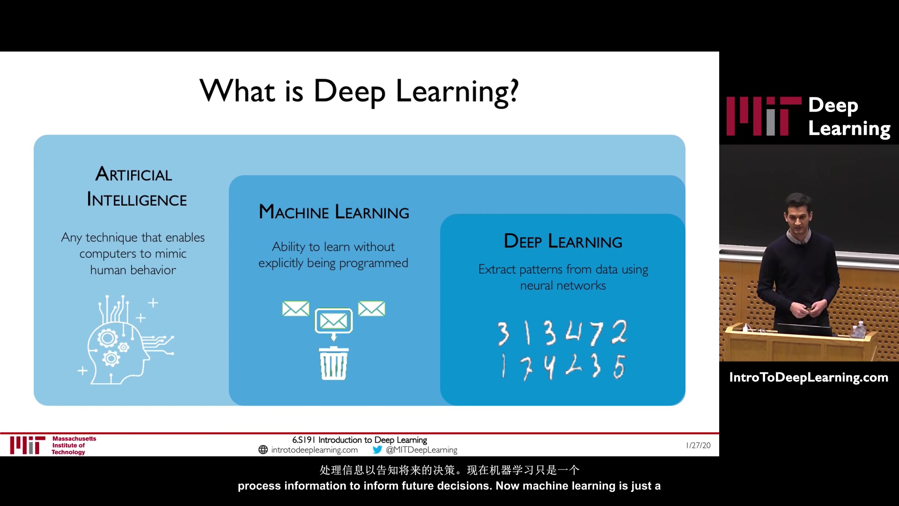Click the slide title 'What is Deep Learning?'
tap(359, 91)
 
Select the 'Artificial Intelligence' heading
tap(136, 187)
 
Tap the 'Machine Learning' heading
tap(334, 212)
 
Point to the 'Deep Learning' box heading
tap(563, 241)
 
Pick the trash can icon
tap(333, 363)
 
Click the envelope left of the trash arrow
tap(295, 309)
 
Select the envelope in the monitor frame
tap(333, 321)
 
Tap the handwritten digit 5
tap(619, 366)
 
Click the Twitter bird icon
tap(377, 450)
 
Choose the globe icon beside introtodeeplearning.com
tap(263, 450)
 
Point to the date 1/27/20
tap(698, 446)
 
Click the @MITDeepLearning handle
tap(421, 450)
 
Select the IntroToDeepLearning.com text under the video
tap(809, 378)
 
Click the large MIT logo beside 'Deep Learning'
tap(764, 116)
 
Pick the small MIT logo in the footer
tap(28, 445)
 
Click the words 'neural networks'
tap(563, 285)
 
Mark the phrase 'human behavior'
tap(133, 270)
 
